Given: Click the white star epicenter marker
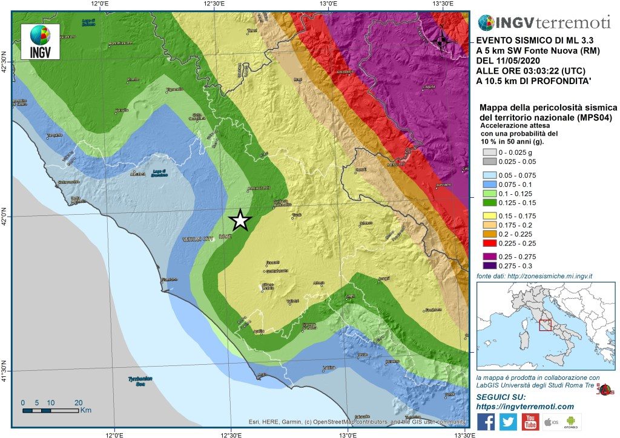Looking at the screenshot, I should [x=240, y=220].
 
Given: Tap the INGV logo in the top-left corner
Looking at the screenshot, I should [x=40, y=42].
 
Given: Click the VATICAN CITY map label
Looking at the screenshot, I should [x=198, y=240].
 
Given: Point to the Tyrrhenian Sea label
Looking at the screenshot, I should [x=140, y=381].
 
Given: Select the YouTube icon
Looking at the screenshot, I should [x=530, y=422].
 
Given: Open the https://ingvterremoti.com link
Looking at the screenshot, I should [x=524, y=406].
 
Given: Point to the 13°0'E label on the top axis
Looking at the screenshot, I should [x=328, y=5].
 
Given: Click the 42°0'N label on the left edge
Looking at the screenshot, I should [x=6, y=216].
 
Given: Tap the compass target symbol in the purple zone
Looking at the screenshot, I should [x=441, y=42].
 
